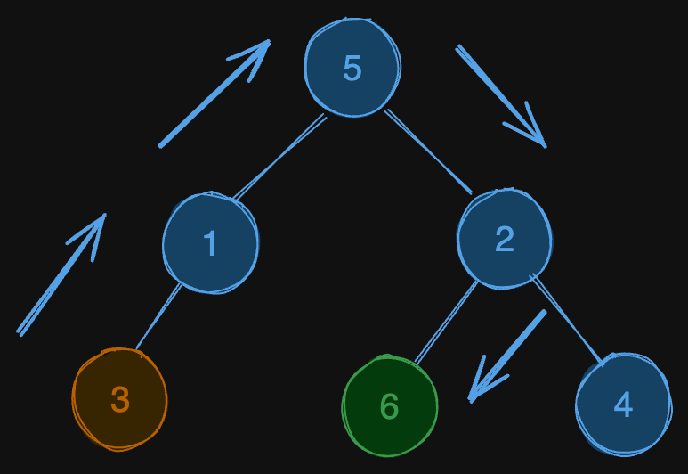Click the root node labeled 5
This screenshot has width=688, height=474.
coord(352,68)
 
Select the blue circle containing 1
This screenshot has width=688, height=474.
coord(210,242)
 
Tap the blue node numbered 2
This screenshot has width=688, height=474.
coord(505,239)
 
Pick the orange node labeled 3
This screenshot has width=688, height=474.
coord(119,399)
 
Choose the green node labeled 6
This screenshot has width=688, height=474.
coord(389,406)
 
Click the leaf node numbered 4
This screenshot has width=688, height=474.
coord(623,405)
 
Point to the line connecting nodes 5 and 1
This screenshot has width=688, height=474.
coord(279,158)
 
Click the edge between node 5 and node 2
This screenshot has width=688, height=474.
coord(428,151)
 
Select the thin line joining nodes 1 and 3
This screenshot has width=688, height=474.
coord(158,316)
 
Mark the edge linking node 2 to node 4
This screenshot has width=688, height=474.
coord(567,320)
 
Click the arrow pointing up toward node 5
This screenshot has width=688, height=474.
coord(214,94)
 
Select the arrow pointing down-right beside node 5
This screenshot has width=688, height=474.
coord(500,96)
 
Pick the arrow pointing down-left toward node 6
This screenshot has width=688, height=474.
coord(507,355)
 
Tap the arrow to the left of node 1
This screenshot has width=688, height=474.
coord(61,274)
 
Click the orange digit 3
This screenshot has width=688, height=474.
coord(119,400)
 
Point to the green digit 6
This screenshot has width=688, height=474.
coord(389,407)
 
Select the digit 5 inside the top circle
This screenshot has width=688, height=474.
coord(352,69)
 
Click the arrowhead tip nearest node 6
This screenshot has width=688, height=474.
coord(472,399)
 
